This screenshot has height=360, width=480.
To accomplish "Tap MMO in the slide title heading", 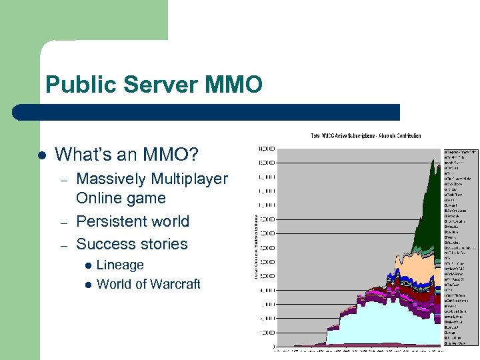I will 234,85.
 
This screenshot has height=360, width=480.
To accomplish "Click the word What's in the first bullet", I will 87,155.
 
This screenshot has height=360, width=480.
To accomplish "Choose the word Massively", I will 110,179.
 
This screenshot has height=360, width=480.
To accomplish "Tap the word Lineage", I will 120,265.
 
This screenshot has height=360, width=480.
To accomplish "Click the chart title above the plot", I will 366,136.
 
